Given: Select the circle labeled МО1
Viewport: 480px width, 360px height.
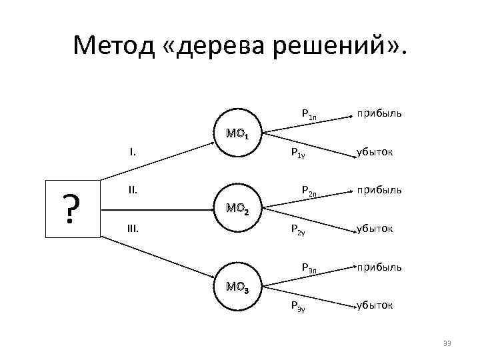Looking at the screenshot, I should [238, 133].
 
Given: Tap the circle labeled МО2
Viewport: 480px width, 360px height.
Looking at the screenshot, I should [238, 209].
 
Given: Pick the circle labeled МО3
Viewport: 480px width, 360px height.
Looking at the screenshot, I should [238, 287].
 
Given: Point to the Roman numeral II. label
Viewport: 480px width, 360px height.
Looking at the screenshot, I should [133, 191].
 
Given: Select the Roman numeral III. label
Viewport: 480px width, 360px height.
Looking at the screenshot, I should [133, 229].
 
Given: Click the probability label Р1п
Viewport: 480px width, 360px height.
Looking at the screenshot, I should [309, 115].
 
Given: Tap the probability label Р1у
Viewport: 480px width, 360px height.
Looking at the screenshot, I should [298, 153].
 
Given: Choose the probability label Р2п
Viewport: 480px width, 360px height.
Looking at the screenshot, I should [309, 192].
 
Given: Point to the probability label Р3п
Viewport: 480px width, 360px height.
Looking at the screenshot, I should [309, 268].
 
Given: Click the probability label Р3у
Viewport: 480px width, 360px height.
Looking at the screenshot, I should [298, 306].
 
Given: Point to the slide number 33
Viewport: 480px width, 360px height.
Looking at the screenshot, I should [447, 343].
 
